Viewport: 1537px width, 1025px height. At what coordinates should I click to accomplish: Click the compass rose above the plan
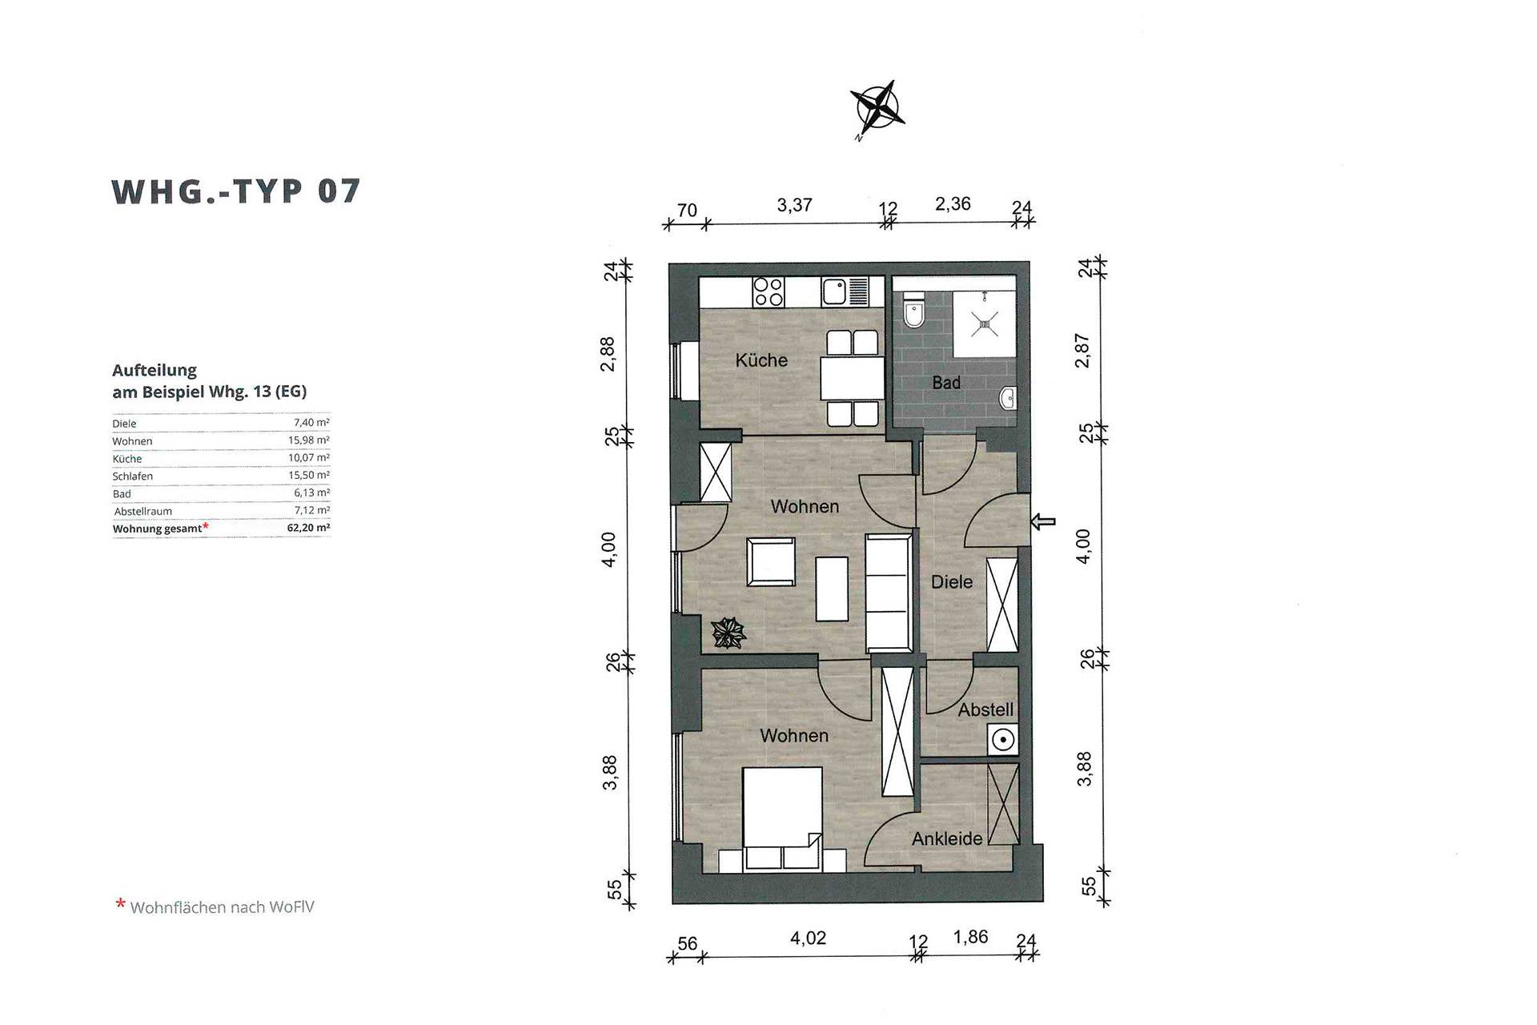pos(877,108)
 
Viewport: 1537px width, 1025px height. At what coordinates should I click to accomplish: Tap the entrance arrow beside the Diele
pos(1043,522)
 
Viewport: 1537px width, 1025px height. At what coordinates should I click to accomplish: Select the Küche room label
pos(761,360)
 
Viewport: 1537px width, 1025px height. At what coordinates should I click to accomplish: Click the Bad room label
pos(946,383)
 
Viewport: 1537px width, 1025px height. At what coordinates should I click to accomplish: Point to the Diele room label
pos(952,582)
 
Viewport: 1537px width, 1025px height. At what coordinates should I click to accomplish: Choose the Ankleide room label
pos(947,838)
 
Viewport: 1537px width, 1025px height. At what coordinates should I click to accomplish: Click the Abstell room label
pos(985,709)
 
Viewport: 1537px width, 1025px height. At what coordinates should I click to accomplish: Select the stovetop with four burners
pos(768,292)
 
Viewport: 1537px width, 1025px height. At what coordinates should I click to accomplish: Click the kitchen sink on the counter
pos(845,292)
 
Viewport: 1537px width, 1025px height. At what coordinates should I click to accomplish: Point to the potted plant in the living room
pos(728,633)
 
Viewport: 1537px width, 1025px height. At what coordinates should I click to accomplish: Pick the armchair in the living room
pos(771,562)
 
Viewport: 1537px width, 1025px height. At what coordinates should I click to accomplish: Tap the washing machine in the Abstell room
pos(1002,739)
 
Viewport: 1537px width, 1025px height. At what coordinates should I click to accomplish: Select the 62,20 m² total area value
pos(308,528)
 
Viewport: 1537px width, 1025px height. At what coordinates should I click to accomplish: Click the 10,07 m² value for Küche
pos(309,458)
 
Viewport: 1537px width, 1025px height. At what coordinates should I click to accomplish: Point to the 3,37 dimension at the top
pos(794,206)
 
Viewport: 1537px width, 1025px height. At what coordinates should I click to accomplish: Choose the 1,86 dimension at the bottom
pos(970,937)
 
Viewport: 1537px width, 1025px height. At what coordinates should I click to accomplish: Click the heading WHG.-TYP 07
pos(236,192)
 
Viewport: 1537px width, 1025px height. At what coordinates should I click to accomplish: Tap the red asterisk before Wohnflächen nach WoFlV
pos(121,904)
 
